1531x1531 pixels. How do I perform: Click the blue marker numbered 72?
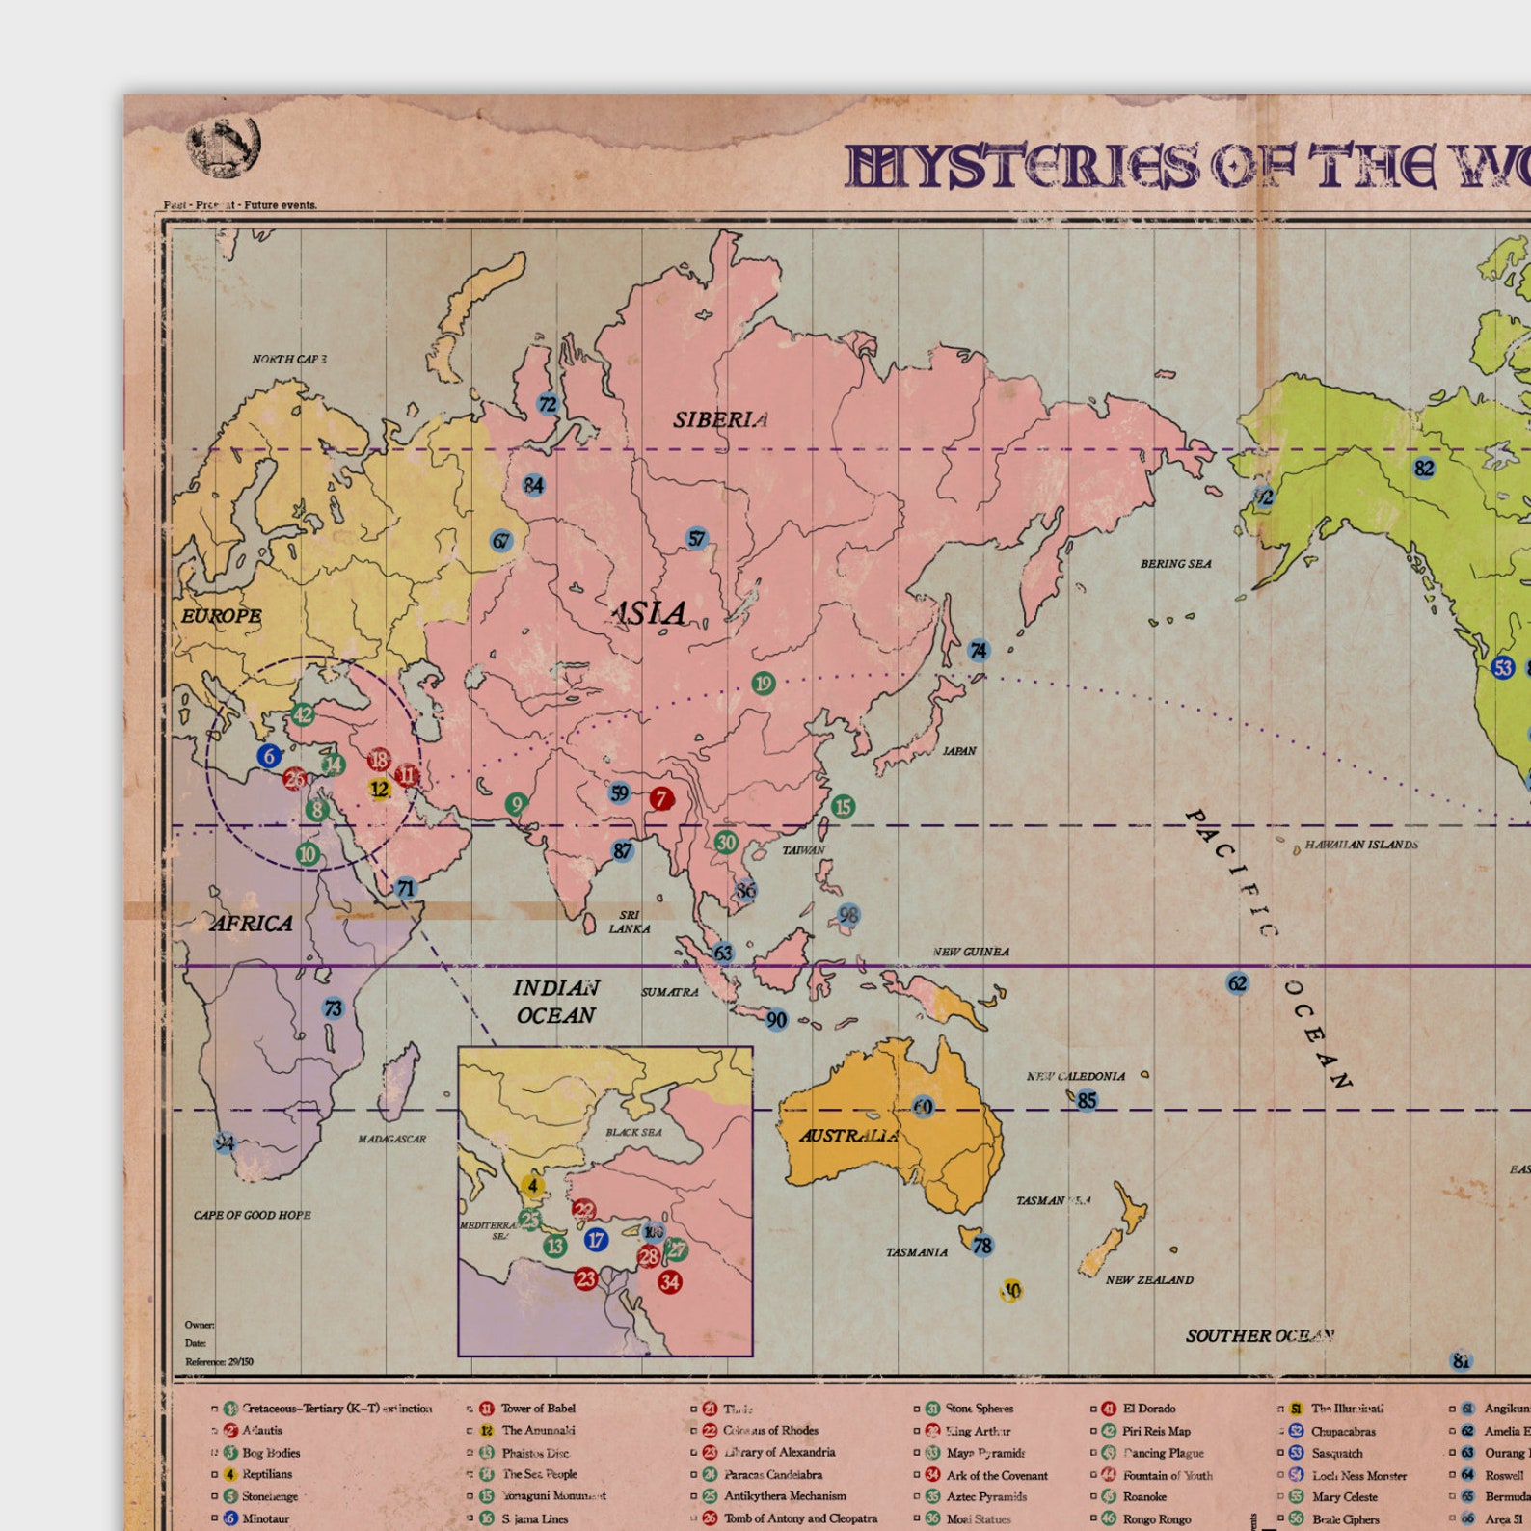548,405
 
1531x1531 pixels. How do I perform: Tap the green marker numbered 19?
764,684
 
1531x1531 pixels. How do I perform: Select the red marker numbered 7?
661,798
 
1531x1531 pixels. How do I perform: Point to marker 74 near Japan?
979,651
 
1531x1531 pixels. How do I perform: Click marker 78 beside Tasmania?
981,1246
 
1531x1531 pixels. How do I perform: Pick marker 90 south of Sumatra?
777,1020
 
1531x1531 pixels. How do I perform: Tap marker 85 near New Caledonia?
1087,1100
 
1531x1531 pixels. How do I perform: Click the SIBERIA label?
720,419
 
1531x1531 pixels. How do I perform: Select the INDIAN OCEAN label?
555,1002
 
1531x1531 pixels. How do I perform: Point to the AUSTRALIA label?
849,1135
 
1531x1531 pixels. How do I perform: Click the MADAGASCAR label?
391,1139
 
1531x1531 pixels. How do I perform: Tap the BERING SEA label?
1175,564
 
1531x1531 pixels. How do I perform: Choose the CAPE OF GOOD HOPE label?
253,1215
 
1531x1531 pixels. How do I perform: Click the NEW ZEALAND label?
1149,1280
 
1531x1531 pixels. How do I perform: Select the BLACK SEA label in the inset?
633,1132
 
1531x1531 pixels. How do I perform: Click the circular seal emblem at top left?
224,148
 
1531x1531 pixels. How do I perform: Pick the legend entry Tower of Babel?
538,1409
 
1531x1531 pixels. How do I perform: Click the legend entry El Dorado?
1148,1409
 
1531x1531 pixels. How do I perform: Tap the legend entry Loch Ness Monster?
1358,1475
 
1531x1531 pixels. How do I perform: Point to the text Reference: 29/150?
220,1362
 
